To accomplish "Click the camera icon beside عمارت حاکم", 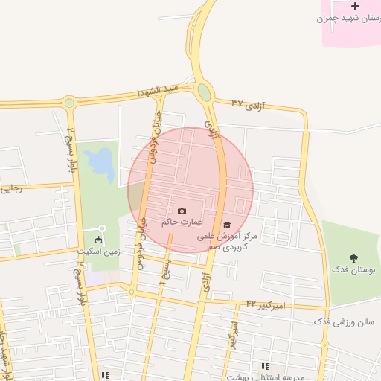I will coord(182,211).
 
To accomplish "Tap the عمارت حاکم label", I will coord(178,222).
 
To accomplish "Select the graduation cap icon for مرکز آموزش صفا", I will coord(227,225).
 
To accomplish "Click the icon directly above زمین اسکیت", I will coord(99,240).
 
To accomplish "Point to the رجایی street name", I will coord(12,189).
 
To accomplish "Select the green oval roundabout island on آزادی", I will coord(204,92).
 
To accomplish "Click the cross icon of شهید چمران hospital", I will coord(354,7).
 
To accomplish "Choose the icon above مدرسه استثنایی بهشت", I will coord(265,366).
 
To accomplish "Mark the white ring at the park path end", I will coord(102,228).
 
